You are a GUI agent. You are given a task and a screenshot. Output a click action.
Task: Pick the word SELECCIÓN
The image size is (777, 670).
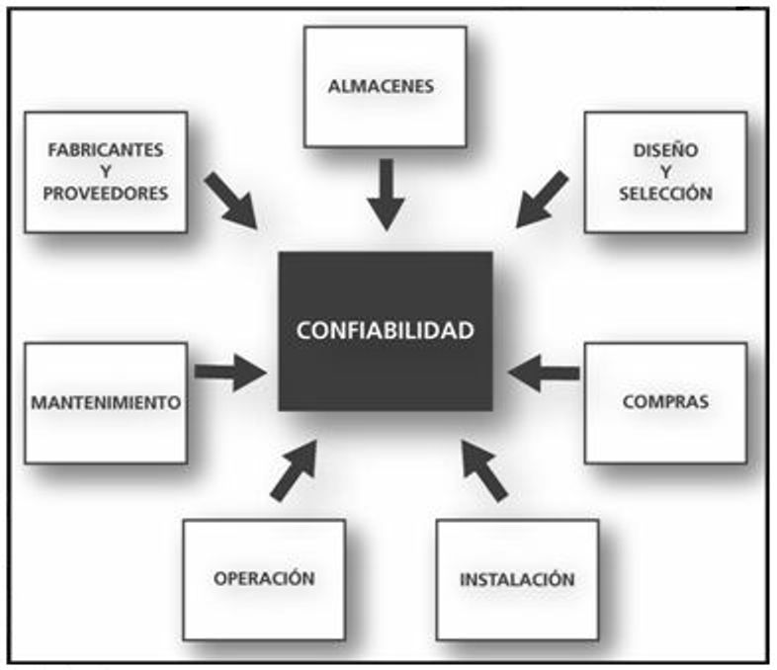coord(665,194)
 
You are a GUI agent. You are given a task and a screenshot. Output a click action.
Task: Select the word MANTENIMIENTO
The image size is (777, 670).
coord(105,403)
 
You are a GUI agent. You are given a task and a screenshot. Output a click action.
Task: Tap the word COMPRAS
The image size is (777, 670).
coord(665,403)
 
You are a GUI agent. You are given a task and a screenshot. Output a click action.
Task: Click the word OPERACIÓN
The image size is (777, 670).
coord(264,578)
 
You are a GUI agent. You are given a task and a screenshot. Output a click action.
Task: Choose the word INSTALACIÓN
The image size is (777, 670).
coord(517,579)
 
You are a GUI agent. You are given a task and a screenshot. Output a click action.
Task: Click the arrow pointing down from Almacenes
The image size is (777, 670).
coord(385,193)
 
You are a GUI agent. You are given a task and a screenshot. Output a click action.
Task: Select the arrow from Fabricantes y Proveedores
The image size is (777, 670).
coord(231,201)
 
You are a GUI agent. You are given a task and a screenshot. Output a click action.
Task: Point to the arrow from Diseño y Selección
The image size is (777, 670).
coord(542,200)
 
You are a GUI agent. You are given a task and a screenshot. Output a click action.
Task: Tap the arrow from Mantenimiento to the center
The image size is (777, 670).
coord(230,372)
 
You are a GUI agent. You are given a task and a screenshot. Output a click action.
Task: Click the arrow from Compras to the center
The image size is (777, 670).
coord(544,372)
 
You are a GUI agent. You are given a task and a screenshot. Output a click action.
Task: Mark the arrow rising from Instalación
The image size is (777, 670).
coord(484,468)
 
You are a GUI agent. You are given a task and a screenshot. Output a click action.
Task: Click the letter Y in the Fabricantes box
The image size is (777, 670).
coord(105,172)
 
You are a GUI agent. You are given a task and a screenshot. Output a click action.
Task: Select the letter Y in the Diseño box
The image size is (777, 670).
coord(665,172)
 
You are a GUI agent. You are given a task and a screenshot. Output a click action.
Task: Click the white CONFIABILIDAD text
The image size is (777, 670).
coord(386,330)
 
